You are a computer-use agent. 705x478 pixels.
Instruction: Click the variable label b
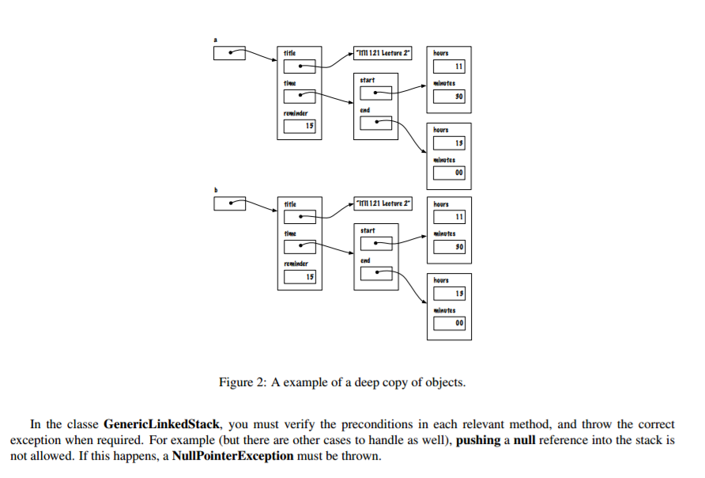click(216, 188)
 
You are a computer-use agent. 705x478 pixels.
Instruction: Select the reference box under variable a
click(230, 53)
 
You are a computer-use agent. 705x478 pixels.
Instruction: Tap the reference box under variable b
click(230, 203)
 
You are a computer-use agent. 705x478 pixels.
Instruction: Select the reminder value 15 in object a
click(300, 126)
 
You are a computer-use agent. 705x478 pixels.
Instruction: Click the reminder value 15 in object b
click(300, 276)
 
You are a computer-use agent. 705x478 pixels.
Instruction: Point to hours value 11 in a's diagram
click(449, 66)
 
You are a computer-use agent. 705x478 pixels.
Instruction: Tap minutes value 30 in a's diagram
click(449, 96)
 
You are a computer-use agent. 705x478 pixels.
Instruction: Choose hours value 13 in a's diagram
click(449, 142)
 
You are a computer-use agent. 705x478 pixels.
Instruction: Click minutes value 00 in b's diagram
click(449, 323)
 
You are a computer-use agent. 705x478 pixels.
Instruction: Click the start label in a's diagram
click(367, 80)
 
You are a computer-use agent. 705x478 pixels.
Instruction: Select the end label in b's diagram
click(364, 260)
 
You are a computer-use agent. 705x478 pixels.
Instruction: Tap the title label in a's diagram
click(290, 53)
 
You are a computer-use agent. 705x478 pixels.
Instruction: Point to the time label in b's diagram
click(290, 233)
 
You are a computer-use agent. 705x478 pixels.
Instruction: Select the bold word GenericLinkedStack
click(161, 424)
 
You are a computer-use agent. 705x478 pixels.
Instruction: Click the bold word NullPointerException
click(235, 457)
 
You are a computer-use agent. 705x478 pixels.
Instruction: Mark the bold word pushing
click(479, 441)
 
